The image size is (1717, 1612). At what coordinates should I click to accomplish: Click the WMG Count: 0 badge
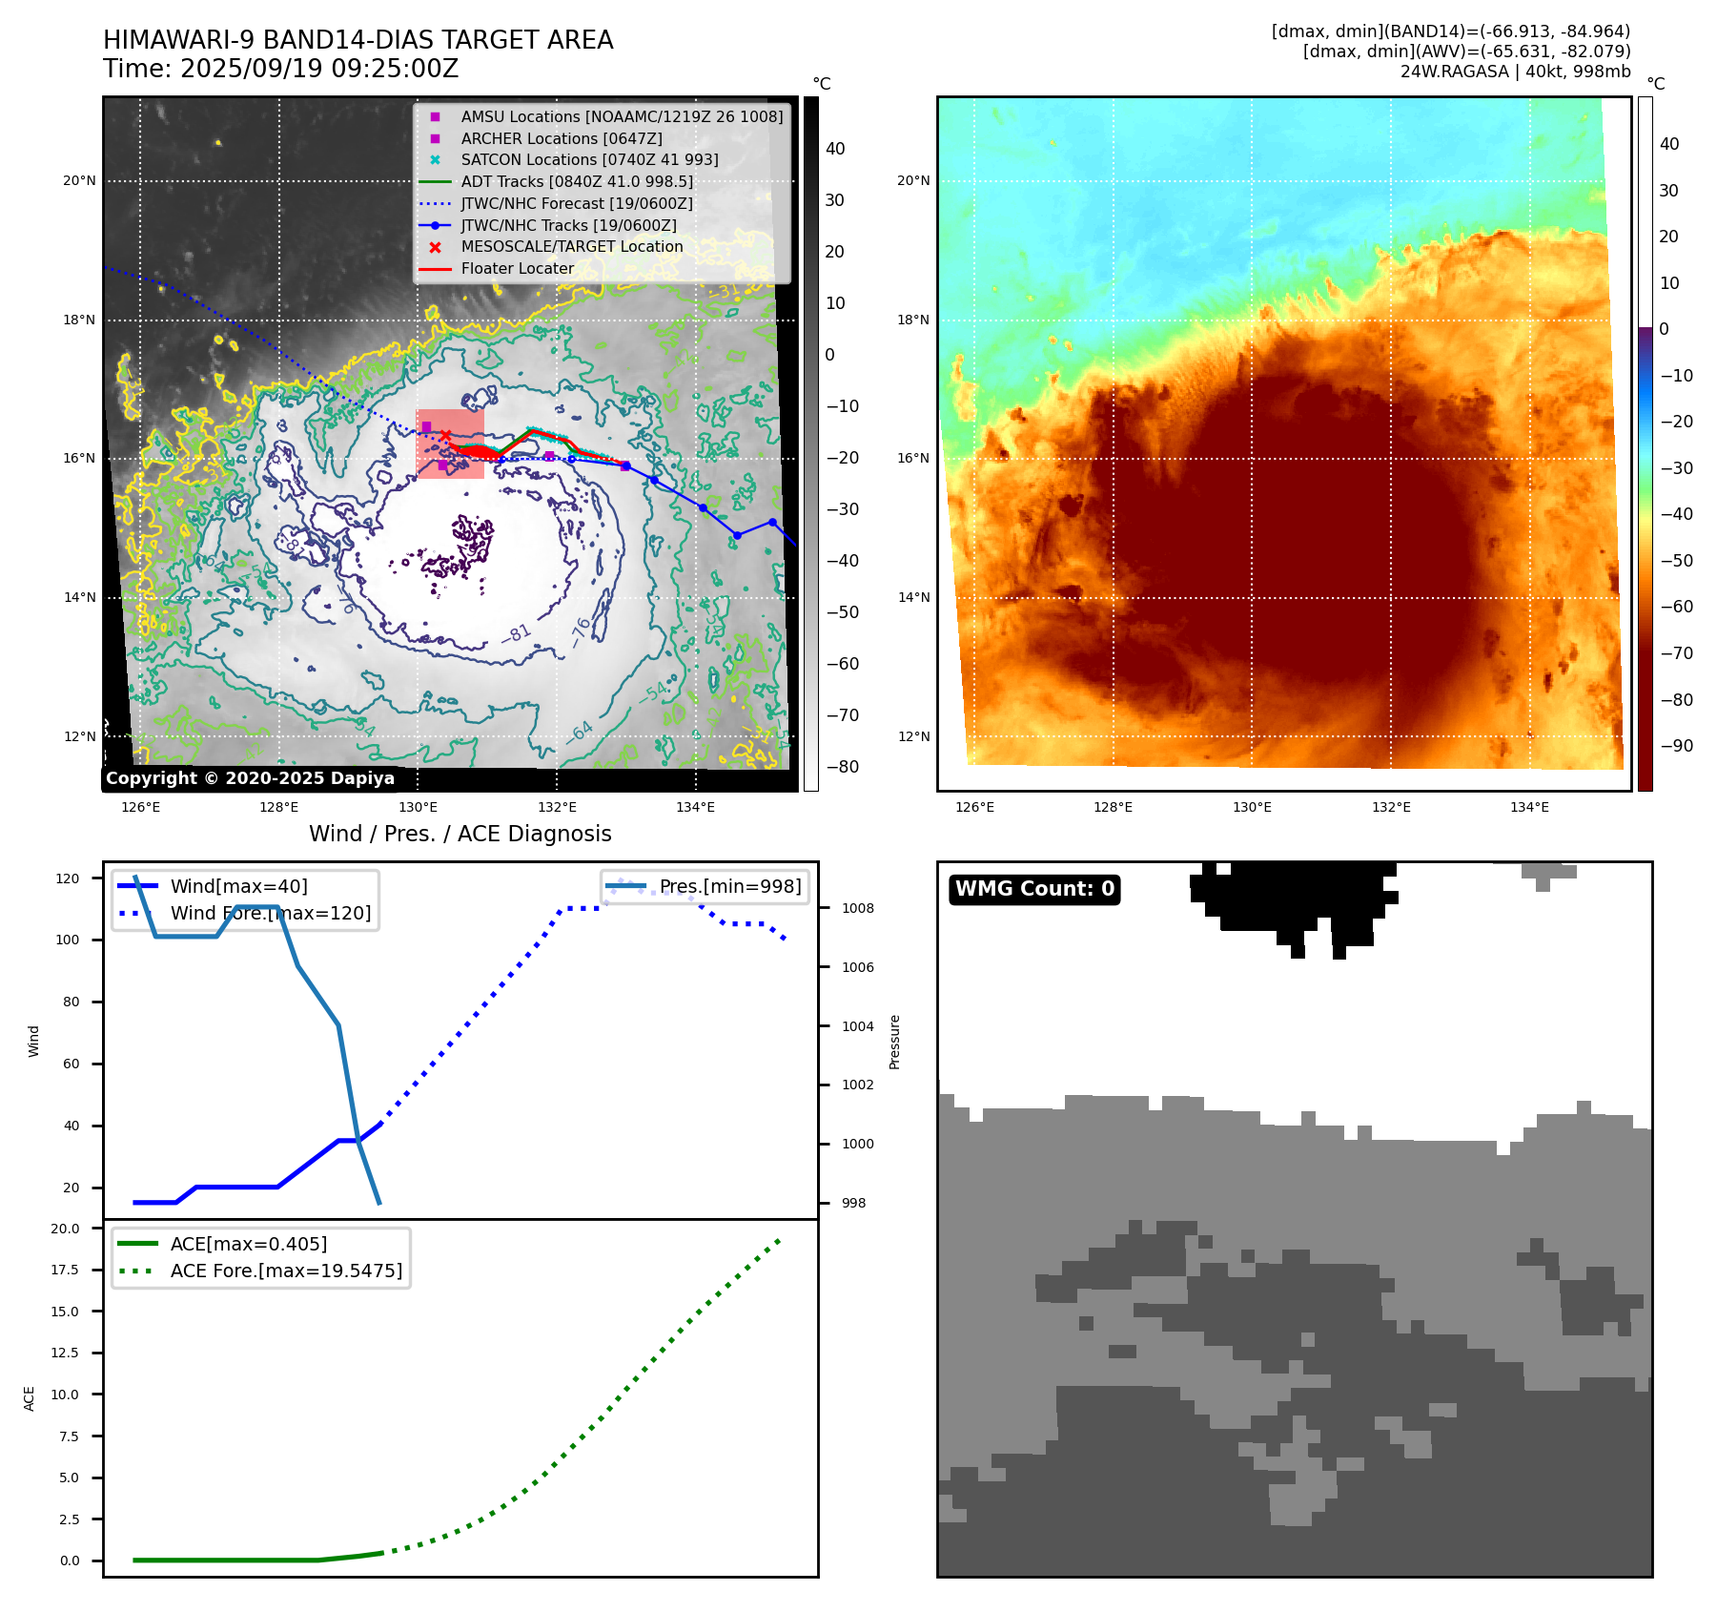[1034, 889]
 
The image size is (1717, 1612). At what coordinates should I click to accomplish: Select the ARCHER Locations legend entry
[561, 138]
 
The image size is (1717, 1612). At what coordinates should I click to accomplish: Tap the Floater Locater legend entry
[517, 269]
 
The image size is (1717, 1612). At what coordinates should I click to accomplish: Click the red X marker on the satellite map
[445, 436]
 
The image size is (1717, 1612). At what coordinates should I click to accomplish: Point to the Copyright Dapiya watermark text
[250, 778]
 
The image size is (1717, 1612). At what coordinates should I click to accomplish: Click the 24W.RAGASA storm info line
[1515, 72]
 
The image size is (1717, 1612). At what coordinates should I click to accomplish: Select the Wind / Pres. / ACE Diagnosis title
[460, 834]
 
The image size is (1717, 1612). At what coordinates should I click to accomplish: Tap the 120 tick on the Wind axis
[68, 878]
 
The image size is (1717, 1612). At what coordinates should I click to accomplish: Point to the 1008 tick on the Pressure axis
[857, 908]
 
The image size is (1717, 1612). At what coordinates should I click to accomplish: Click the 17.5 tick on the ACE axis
[66, 1270]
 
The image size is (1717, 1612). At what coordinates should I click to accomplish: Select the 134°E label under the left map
[695, 808]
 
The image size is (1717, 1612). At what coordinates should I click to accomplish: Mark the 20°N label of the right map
[912, 181]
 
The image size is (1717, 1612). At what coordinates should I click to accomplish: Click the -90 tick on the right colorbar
[1676, 746]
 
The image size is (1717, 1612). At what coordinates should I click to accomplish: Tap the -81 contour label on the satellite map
[517, 632]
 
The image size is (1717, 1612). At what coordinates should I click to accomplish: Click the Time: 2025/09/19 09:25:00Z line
[281, 69]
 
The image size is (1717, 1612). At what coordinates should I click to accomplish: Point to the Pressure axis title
[894, 1042]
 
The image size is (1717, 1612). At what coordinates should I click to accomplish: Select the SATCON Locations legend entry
[589, 160]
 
